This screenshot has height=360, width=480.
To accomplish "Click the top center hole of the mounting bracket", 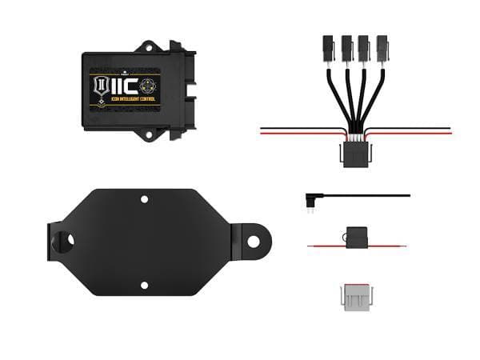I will [x=144, y=199].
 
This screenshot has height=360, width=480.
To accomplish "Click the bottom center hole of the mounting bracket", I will [x=144, y=285].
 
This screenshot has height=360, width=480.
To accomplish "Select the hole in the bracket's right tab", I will [x=253, y=240].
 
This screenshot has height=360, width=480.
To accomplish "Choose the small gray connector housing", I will [x=356, y=296].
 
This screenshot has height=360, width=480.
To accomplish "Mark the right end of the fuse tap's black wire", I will [x=408, y=195].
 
